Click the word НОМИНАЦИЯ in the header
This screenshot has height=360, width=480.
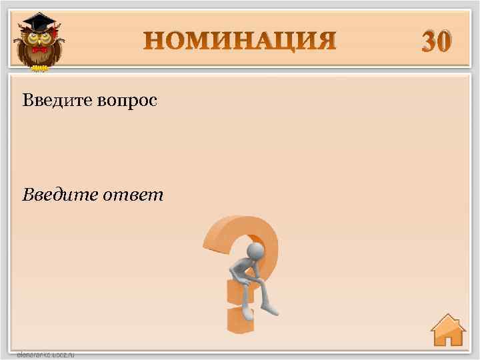[x=240, y=41]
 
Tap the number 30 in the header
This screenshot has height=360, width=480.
[x=436, y=42]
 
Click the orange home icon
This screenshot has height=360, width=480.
[x=447, y=331]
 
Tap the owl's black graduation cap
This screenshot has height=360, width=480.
[x=38, y=23]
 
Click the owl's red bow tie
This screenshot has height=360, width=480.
[x=39, y=50]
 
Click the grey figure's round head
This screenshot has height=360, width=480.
[x=255, y=251]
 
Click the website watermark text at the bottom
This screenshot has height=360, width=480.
[x=45, y=355]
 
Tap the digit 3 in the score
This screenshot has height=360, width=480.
[x=428, y=42]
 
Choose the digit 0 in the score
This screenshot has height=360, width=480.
[x=445, y=42]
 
